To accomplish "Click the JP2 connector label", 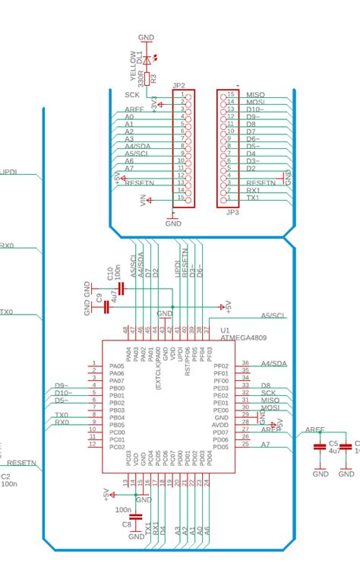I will tap(179, 85).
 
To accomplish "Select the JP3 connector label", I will tap(232, 213).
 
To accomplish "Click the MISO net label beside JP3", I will tap(255, 94).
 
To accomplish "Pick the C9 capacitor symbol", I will tap(106, 307).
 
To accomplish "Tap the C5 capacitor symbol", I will tap(321, 447).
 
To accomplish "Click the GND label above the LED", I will tap(147, 37).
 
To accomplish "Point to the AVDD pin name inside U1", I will tap(221, 425).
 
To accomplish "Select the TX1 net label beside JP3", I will tap(254, 198).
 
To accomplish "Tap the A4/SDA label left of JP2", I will tap(139, 147).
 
